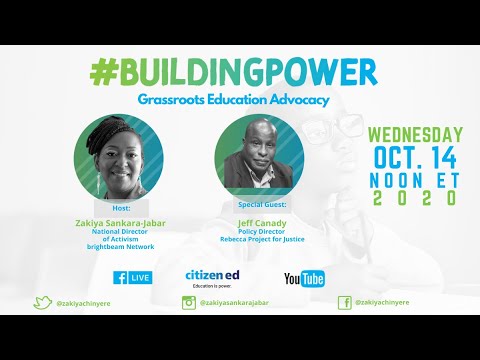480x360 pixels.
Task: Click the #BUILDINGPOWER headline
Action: pos(233,73)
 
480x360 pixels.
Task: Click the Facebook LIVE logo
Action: pos(132,277)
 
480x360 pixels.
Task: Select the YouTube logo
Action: pos(305,278)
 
